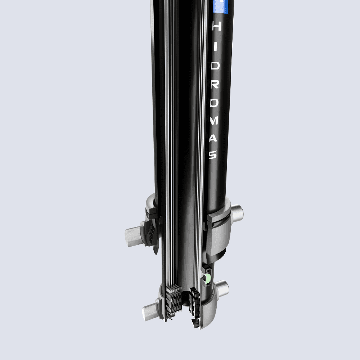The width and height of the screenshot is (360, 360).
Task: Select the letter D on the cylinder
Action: (215, 66)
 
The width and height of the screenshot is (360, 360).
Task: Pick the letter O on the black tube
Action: (214, 103)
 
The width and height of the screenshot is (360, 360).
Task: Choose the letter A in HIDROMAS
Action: (213, 138)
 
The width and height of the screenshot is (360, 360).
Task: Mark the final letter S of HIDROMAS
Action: (213, 154)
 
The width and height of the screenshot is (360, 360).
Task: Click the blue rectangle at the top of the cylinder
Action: (220, 7)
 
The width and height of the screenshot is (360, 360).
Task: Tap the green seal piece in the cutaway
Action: (207, 278)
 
